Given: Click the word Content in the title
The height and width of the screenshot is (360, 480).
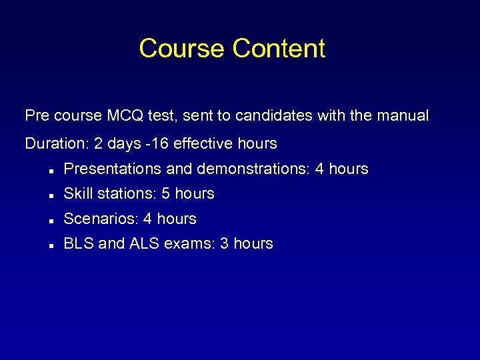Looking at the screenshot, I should [279, 49].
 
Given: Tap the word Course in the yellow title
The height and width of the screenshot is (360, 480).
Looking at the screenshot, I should [182, 49].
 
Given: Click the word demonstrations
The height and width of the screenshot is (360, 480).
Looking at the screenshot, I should [246, 169].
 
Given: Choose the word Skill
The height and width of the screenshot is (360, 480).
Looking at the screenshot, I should [77, 194].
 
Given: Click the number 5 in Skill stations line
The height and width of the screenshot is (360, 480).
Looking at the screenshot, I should [166, 194].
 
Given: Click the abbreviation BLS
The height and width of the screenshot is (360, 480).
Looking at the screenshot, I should [78, 244].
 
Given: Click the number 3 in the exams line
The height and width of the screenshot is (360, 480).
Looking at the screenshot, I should [225, 244].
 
